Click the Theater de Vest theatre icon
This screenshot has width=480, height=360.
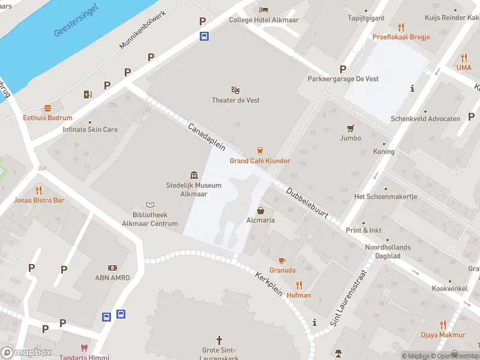tap(235, 90)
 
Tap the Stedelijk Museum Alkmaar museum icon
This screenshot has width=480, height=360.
tap(194, 175)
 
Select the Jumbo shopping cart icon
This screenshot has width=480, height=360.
tap(350, 128)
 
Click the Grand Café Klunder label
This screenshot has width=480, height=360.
tap(260, 161)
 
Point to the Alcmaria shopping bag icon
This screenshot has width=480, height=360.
tap(261, 210)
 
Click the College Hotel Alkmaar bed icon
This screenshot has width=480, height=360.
tap(263, 10)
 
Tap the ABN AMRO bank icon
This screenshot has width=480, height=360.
tap(112, 267)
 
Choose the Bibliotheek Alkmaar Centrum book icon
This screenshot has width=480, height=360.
tap(151, 205)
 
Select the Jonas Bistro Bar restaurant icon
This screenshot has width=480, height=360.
tap(39, 190)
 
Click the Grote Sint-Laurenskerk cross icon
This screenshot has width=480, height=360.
tap(219, 340)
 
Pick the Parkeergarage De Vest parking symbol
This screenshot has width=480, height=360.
tap(343, 69)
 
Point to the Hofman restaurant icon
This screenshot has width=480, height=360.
tap(299, 285)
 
